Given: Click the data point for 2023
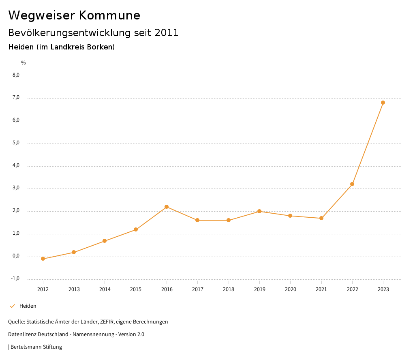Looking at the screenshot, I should (x=383, y=103).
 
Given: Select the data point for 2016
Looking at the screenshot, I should (x=167, y=207).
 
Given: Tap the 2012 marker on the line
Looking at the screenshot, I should (x=43, y=259).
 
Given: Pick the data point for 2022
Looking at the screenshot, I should (x=352, y=184).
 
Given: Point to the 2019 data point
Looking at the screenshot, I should (x=259, y=211).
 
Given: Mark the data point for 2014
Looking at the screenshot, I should (x=105, y=241).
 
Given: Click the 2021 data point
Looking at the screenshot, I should (x=321, y=218).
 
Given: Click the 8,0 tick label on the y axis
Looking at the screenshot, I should (x=16, y=75).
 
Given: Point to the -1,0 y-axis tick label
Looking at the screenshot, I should (x=15, y=279).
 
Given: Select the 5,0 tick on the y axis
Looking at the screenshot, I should (x=16, y=143).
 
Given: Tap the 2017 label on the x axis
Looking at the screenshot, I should (x=197, y=289).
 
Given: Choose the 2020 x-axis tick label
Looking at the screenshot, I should (x=290, y=289).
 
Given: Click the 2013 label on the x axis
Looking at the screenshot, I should (x=74, y=289).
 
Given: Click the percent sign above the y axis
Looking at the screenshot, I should (x=24, y=63).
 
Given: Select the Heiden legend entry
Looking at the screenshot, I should (x=28, y=306).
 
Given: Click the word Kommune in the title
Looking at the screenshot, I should (x=109, y=15).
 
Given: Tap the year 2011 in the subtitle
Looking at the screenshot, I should (x=167, y=33).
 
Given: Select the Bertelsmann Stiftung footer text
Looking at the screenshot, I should (x=36, y=347).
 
